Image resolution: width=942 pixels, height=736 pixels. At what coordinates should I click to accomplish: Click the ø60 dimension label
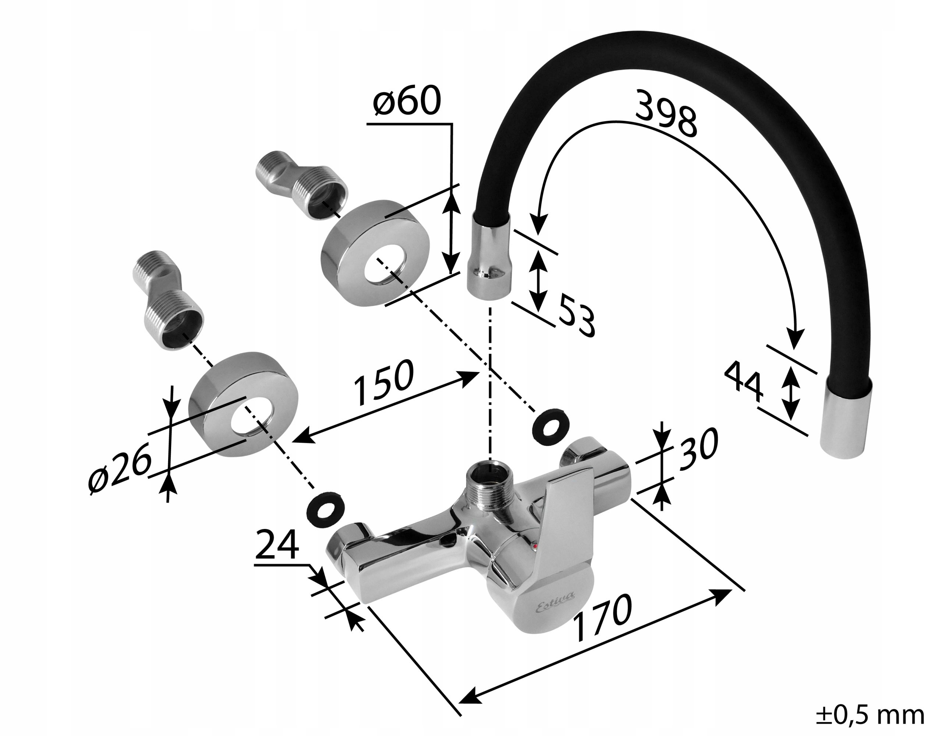click(x=407, y=101)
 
